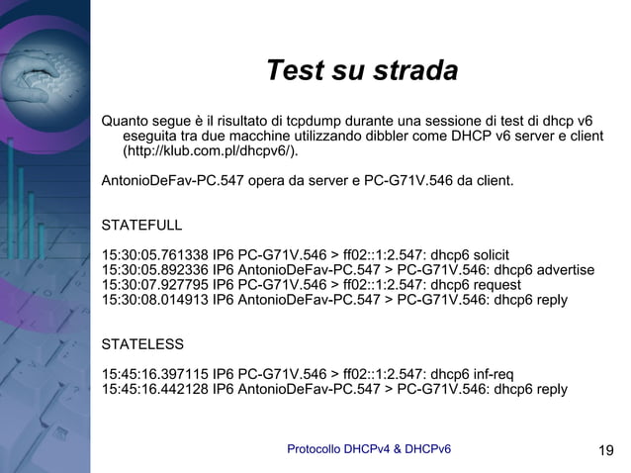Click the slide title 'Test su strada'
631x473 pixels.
coord(362,72)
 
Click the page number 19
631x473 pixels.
coord(606,452)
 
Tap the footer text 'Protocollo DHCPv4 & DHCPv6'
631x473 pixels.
coord(369,450)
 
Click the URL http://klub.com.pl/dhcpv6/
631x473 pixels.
coord(208,153)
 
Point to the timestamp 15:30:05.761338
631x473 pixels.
coord(154,254)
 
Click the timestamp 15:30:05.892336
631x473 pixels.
coord(154,270)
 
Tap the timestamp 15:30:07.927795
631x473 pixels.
coord(154,285)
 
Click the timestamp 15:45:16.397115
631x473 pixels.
coord(154,374)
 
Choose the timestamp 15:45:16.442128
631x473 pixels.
coord(154,389)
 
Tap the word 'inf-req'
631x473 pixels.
coord(489,374)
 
